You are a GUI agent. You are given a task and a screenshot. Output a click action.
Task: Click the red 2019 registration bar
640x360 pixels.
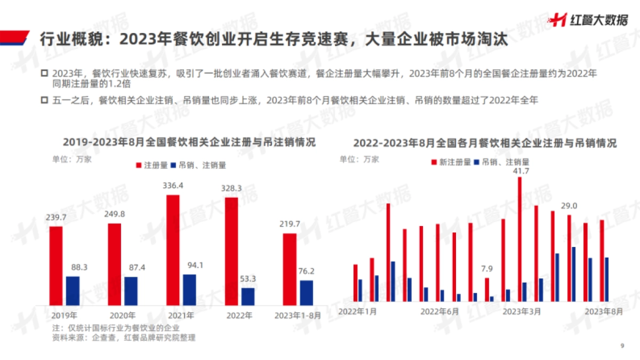tap(56, 266)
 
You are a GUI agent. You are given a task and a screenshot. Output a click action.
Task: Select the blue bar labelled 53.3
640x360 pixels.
tap(248, 296)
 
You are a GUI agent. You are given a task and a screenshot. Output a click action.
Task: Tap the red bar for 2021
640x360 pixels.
tap(173, 250)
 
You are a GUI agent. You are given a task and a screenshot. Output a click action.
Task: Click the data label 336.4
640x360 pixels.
tap(173, 186)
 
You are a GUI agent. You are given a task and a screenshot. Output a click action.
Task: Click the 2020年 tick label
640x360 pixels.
tap(123, 315)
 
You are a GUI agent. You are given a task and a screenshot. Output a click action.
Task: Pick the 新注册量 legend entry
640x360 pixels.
tap(450, 162)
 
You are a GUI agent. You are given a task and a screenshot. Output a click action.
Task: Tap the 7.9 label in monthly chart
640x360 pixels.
tap(486, 268)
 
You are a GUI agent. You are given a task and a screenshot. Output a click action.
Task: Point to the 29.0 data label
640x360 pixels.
tap(569, 206)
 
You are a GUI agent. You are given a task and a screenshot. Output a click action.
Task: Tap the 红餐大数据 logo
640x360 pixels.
tap(589, 20)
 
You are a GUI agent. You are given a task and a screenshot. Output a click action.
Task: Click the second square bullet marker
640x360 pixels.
tap(45, 100)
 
